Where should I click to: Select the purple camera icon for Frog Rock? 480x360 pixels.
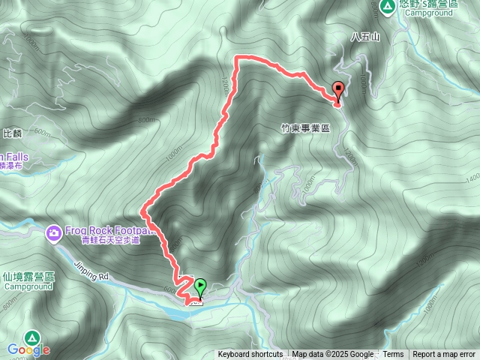click(x=54, y=233)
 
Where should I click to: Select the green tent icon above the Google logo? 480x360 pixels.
click(x=31, y=337)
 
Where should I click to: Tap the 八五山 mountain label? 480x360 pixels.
click(x=366, y=36)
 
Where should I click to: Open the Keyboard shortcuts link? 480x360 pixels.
click(x=250, y=355)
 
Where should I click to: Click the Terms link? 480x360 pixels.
click(x=393, y=355)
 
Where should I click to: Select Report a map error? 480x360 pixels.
click(x=444, y=355)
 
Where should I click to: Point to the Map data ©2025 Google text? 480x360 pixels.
click(x=332, y=355)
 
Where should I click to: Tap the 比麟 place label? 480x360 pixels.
click(x=12, y=133)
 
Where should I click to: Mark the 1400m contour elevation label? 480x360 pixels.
click(x=471, y=178)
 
